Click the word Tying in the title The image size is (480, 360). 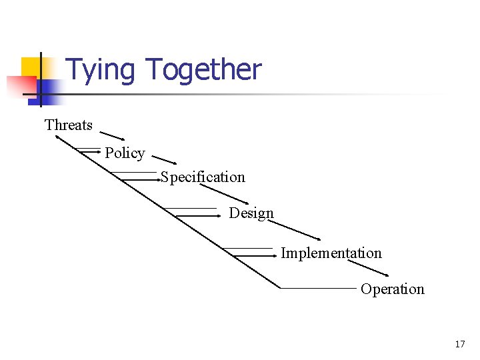101,70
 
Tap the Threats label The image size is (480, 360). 69,125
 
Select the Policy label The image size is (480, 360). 125,153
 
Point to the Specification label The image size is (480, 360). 203,177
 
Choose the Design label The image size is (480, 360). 251,213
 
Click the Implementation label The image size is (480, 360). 331,253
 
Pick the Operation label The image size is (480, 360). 393,289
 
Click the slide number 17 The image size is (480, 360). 460,344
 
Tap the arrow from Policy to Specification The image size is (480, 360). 163,159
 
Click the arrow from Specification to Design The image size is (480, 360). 223,193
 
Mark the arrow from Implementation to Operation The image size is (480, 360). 368,267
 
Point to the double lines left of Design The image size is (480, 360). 197,212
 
